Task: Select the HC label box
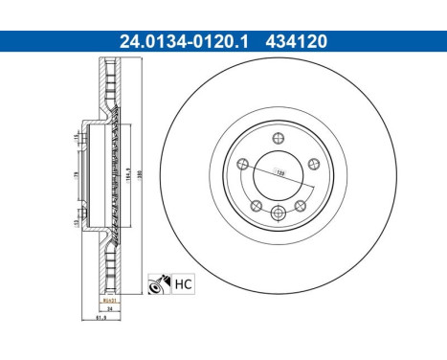coord(183,283)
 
